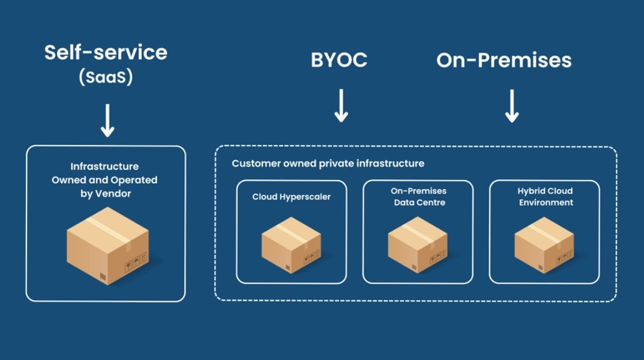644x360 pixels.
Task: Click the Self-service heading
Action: [106, 53]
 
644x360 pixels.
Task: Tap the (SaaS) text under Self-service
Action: [106, 77]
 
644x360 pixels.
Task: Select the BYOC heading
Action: [339, 60]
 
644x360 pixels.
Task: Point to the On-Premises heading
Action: [504, 60]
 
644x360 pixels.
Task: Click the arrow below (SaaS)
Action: [107, 121]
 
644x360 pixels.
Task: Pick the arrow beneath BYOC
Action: [341, 105]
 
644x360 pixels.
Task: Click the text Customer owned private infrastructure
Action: [328, 163]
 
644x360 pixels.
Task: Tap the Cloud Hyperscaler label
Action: [291, 197]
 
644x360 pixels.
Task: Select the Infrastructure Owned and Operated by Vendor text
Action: [105, 180]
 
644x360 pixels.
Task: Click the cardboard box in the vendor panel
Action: [108, 245]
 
